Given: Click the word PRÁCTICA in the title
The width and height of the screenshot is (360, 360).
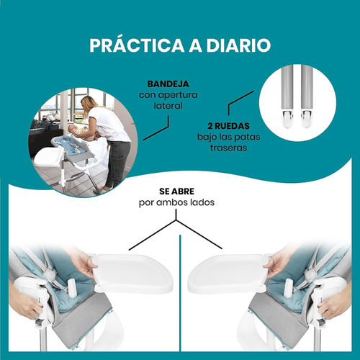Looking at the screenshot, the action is pos(137,45).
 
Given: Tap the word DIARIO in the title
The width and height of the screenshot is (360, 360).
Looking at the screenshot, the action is pos(238,45).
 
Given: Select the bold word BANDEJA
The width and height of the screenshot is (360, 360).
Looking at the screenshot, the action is pos(168,84).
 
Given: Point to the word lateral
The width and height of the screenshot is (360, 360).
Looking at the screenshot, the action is pos(168,106).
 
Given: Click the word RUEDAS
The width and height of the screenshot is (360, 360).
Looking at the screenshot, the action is pos(232,126).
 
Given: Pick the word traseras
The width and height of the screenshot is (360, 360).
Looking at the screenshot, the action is pos(228,148).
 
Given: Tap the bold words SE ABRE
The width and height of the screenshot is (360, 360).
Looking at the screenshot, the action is pos(176,192).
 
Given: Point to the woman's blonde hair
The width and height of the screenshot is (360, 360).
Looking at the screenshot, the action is pos(88,104).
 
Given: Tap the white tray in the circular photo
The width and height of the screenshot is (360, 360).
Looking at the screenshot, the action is pos(48,157).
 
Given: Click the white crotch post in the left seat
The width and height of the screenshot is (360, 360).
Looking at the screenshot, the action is pos(72,287).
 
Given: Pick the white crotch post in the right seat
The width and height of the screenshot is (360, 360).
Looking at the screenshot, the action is pos(288,287).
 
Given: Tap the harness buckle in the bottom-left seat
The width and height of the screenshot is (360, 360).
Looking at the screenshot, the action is pos(51,273).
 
